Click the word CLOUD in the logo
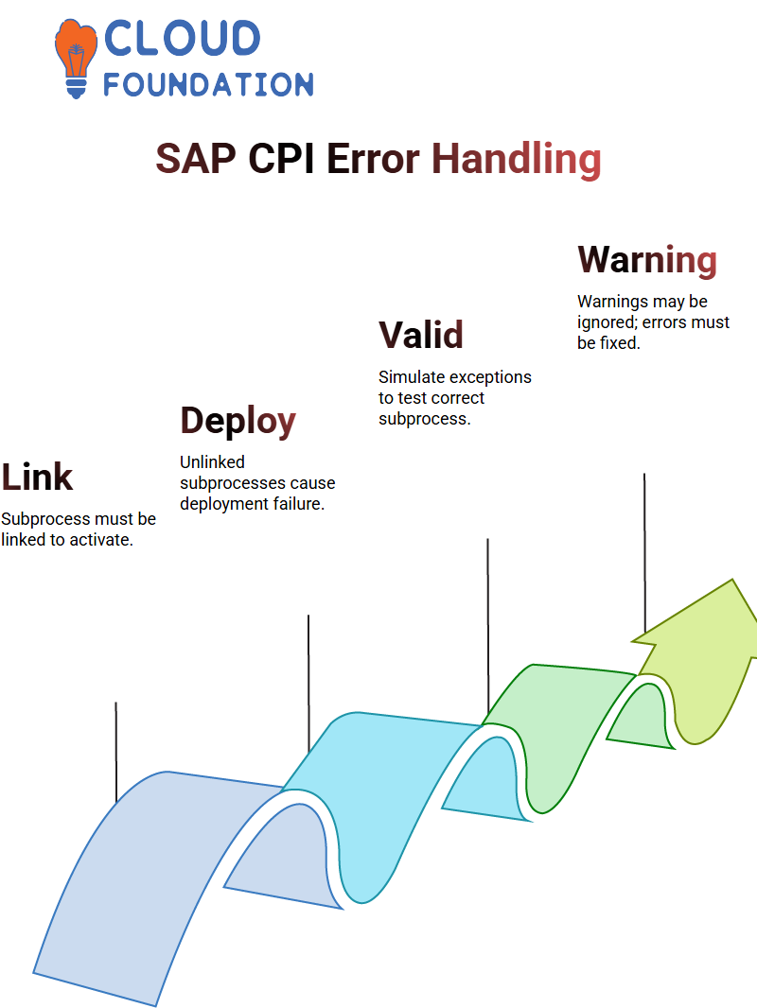[x=182, y=38]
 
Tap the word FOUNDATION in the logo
[x=208, y=84]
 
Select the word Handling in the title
[x=517, y=159]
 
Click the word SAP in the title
[x=196, y=159]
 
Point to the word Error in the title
[x=373, y=159]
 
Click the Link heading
[x=37, y=477]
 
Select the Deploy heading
[x=238, y=421]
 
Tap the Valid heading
[x=421, y=335]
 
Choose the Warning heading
[x=647, y=260]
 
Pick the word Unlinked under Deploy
[x=212, y=462]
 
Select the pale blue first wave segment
[x=161, y=868]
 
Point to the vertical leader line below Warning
[x=644, y=553]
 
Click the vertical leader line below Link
[x=116, y=752]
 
